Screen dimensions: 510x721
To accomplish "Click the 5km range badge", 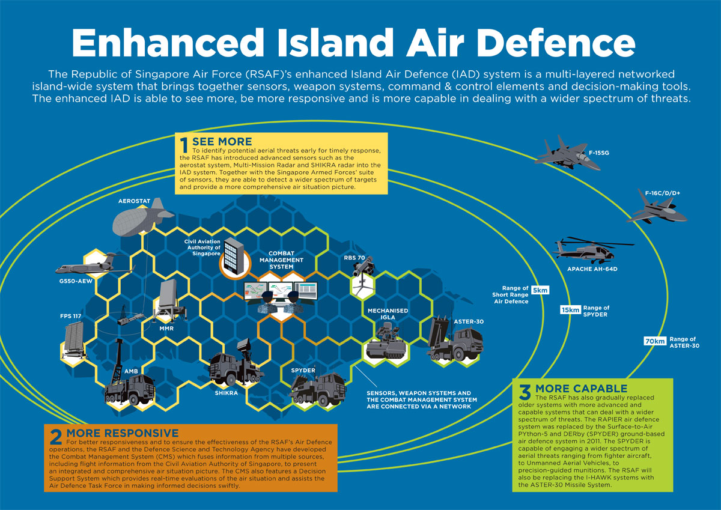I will (x=540, y=290).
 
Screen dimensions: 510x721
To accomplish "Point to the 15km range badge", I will (x=570, y=310).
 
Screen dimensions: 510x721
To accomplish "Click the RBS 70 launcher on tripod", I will (x=362, y=277).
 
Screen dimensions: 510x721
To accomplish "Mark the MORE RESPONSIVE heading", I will (x=122, y=433).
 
